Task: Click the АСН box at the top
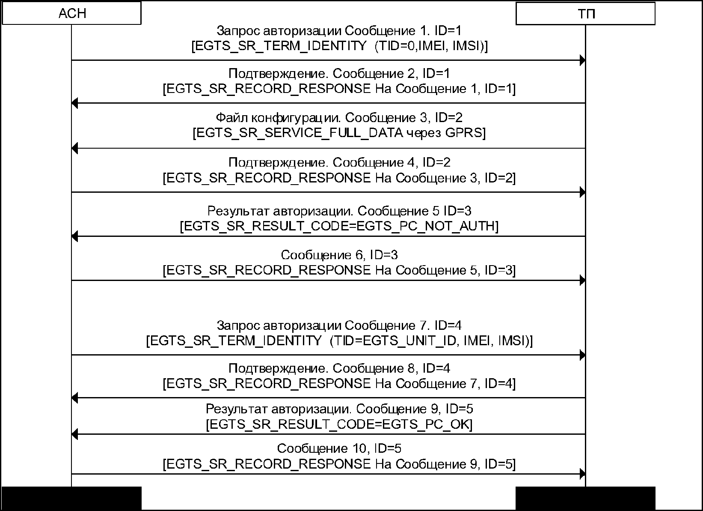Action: pos(71,13)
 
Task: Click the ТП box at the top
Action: pos(585,14)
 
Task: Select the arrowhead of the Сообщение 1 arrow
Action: pos(582,60)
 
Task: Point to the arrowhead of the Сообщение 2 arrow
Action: pos(74,103)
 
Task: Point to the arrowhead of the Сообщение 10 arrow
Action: pos(582,474)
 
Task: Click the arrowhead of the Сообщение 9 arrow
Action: pos(74,434)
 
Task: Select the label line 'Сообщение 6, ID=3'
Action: pos(339,255)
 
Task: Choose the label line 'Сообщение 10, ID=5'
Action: pos(339,448)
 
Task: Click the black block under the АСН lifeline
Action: pos(71,498)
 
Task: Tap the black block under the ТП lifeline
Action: pos(585,498)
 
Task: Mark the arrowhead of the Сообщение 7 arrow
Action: pos(582,355)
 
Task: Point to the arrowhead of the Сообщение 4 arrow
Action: pos(582,193)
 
